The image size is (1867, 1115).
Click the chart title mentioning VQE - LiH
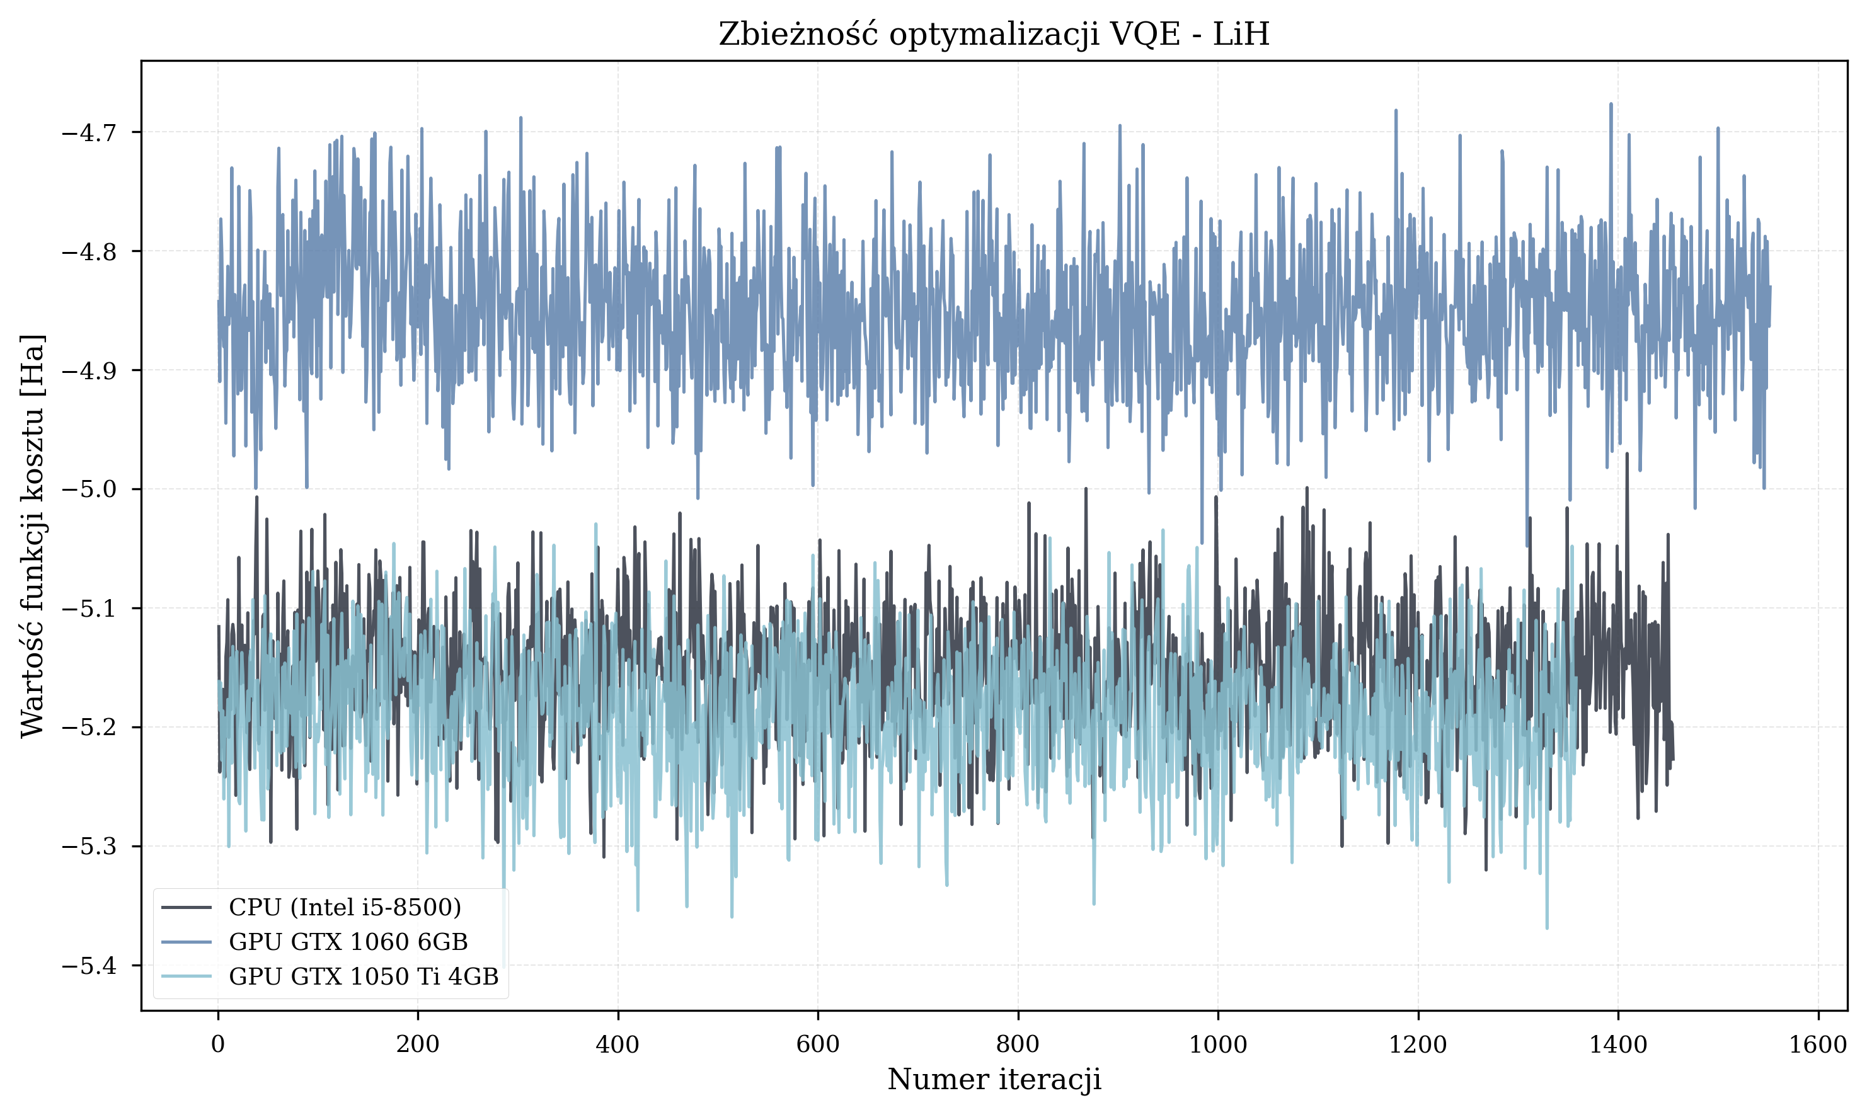coord(993,35)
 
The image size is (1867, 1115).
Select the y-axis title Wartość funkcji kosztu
coord(33,535)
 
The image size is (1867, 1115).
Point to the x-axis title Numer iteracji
coord(993,1080)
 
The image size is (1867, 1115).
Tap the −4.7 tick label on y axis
coord(89,132)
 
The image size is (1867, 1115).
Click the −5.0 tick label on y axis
coord(89,489)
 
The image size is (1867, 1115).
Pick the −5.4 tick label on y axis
coord(89,966)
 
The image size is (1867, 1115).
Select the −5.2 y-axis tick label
coord(89,728)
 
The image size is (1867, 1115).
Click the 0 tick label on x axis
coord(218,1044)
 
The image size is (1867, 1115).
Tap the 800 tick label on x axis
coord(1017,1044)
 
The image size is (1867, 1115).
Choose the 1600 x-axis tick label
coord(1817,1044)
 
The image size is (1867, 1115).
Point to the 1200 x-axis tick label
coord(1418,1044)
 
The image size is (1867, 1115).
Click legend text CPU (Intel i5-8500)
coord(345,908)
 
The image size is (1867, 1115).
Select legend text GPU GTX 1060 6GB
coord(348,942)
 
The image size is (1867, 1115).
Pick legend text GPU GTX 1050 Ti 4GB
coord(364,977)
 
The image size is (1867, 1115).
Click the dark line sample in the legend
coord(186,908)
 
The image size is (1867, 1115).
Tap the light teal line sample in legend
coord(186,977)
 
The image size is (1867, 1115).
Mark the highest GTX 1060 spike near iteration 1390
coord(1611,105)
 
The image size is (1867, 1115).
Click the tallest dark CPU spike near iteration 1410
coord(1626,454)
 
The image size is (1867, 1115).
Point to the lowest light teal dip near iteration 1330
coord(1547,928)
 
